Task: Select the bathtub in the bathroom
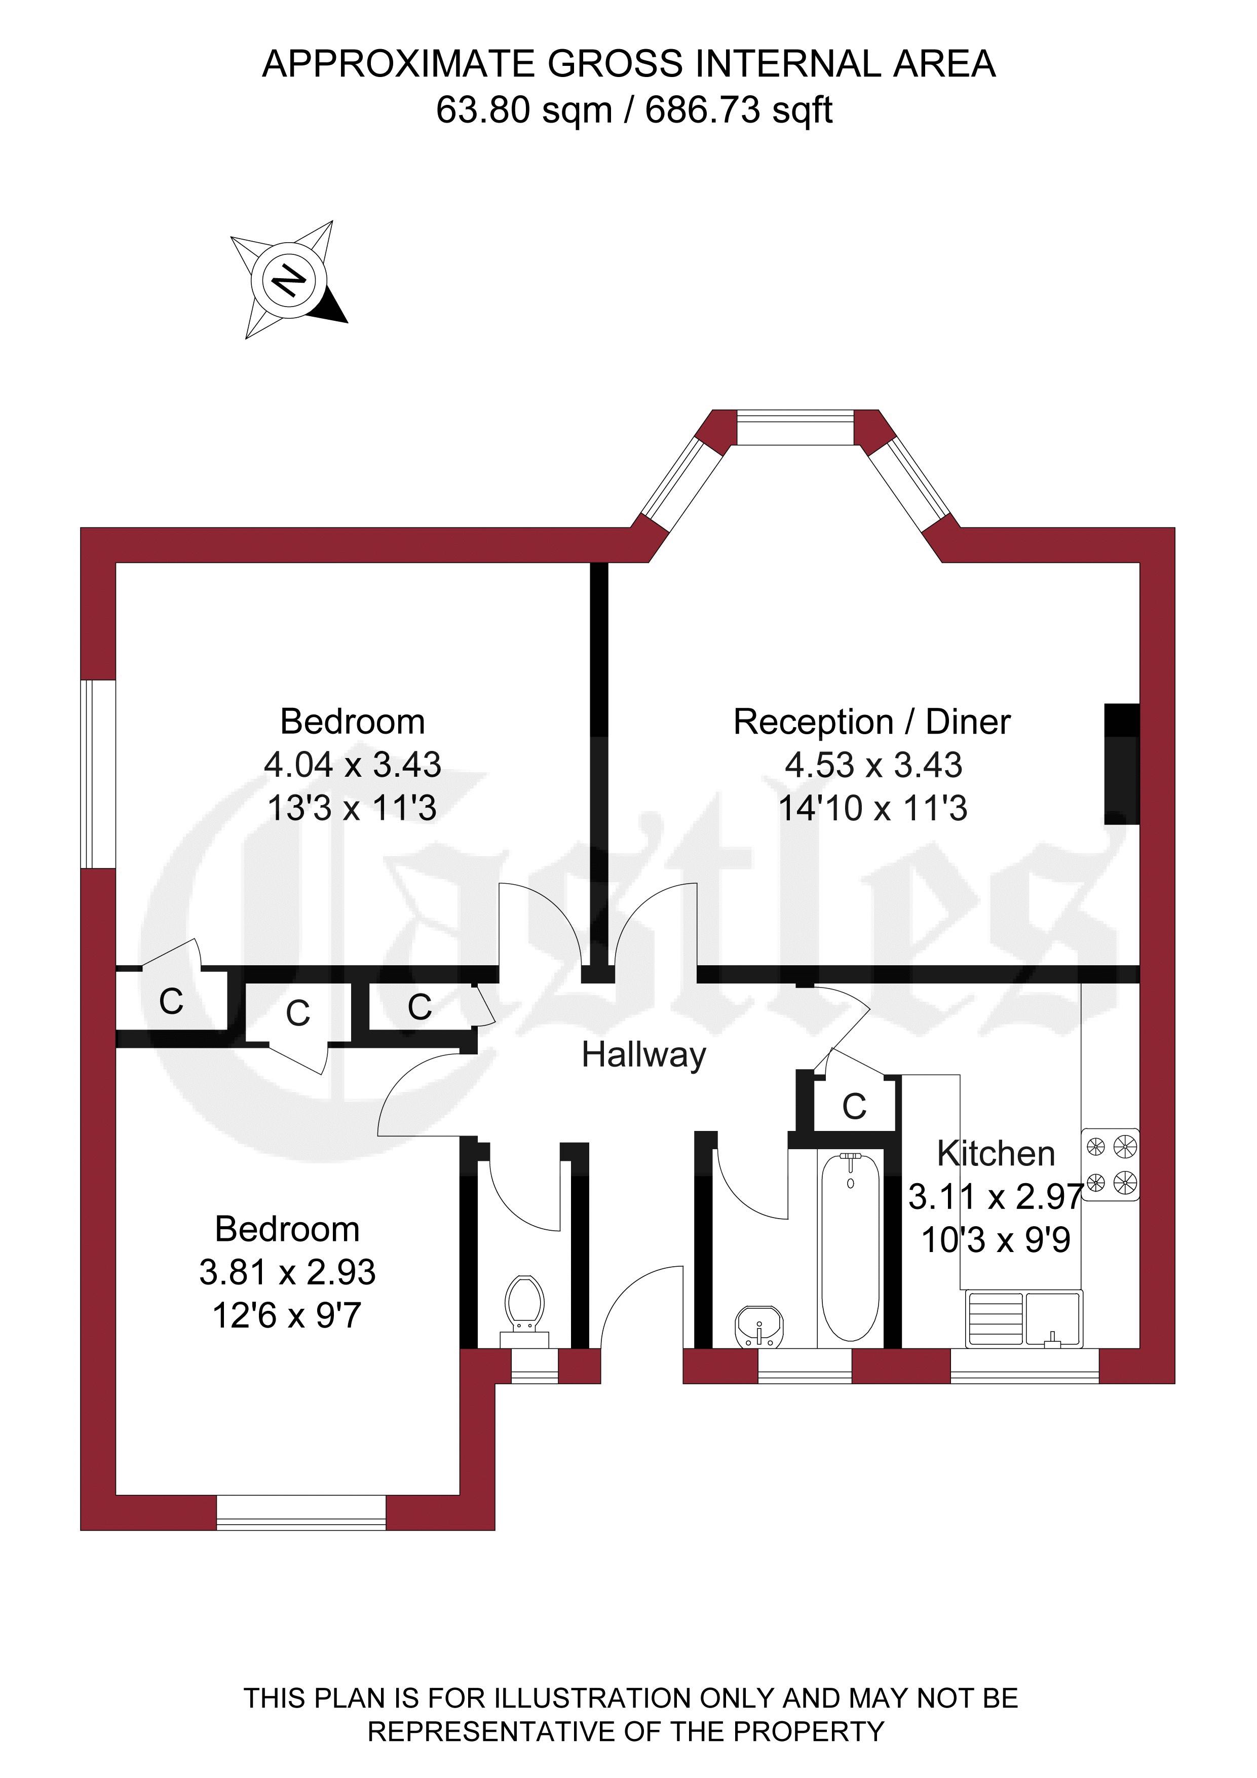point(850,1247)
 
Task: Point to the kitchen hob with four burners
point(1110,1165)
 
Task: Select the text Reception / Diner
point(871,722)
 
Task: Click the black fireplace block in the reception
point(1121,764)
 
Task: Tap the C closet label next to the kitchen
point(854,1107)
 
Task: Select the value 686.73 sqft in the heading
point(739,110)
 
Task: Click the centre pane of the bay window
point(795,428)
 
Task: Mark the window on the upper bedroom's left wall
point(98,774)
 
